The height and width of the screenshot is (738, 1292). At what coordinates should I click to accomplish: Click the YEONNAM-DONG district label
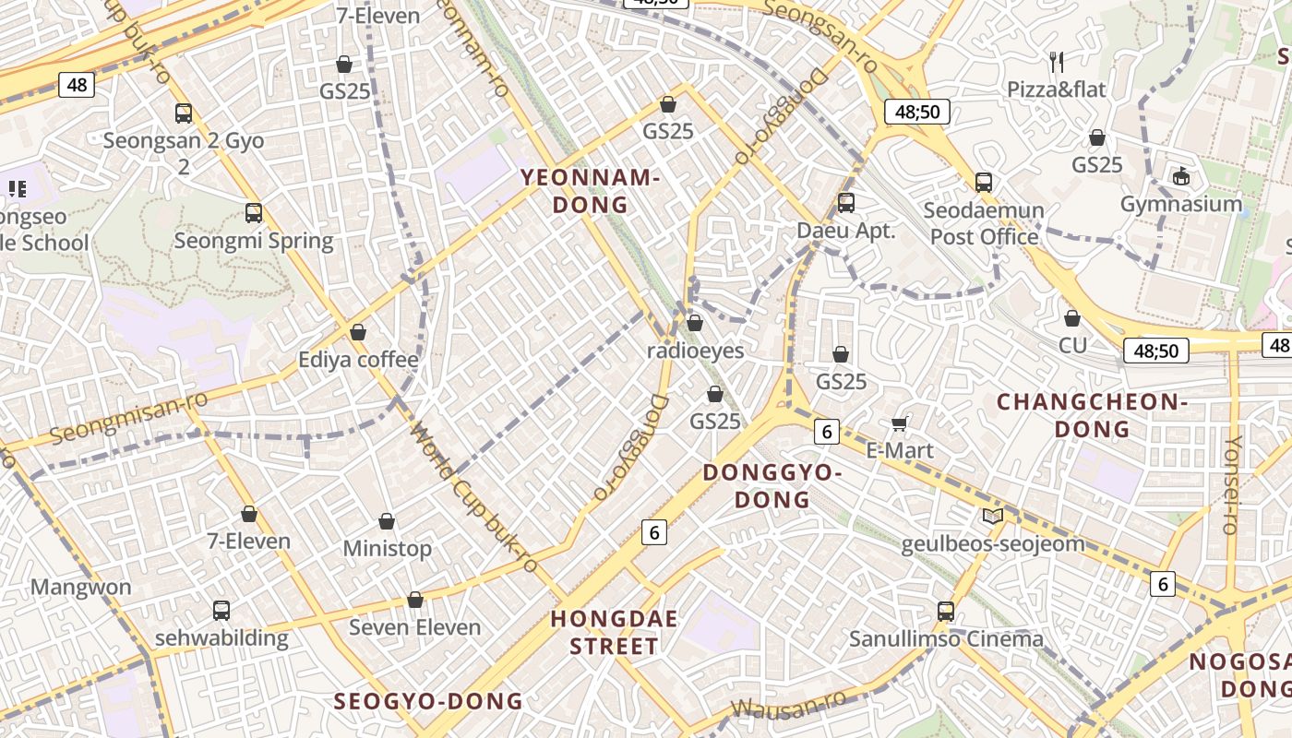coord(590,191)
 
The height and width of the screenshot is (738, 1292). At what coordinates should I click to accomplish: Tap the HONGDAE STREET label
coord(614,632)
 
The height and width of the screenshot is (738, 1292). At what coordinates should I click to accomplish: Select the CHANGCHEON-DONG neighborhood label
coord(1092,415)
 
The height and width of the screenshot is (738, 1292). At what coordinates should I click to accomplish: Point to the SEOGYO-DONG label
coord(428,701)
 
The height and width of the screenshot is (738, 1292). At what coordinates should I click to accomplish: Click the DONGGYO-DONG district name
coord(772,486)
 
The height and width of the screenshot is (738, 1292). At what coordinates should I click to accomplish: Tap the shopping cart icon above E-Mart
coord(900,423)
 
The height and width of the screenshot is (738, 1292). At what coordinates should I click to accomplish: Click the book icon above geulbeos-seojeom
coord(993,517)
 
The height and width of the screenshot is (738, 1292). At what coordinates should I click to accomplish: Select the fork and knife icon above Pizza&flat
coord(1057,63)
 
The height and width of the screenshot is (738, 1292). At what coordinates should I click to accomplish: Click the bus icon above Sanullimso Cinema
coord(946,611)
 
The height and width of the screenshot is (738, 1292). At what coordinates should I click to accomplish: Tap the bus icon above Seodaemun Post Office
coord(984,183)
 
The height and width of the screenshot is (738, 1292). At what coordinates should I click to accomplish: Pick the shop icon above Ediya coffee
coord(358,332)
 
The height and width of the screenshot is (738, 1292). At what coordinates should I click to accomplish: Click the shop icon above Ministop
coord(387,522)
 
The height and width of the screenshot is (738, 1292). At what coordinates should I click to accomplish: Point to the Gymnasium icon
coord(1180,175)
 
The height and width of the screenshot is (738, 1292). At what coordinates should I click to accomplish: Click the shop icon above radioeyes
coord(695,323)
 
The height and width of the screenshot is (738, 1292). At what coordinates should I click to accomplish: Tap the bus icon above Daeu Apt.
coord(846,203)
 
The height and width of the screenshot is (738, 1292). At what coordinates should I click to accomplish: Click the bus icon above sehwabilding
coord(221,610)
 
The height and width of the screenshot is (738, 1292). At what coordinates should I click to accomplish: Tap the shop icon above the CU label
coord(1072,318)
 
